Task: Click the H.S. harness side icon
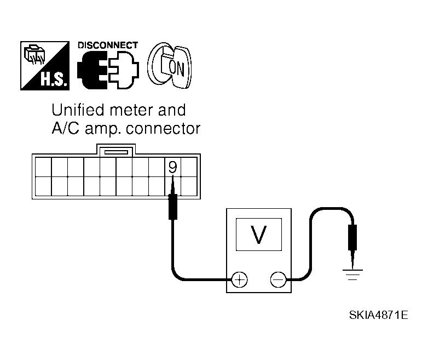(45, 66)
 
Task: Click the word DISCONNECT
(108, 45)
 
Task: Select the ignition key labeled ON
(170, 65)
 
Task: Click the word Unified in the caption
(78, 110)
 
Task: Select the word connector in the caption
(163, 128)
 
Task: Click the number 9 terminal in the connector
(172, 167)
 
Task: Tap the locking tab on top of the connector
(116, 150)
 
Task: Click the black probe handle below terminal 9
(173, 207)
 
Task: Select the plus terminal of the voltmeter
(239, 279)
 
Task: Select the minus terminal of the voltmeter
(278, 279)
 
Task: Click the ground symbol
(352, 275)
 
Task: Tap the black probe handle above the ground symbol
(352, 238)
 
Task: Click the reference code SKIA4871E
(379, 315)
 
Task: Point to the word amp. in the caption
(103, 129)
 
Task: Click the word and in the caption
(172, 110)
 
